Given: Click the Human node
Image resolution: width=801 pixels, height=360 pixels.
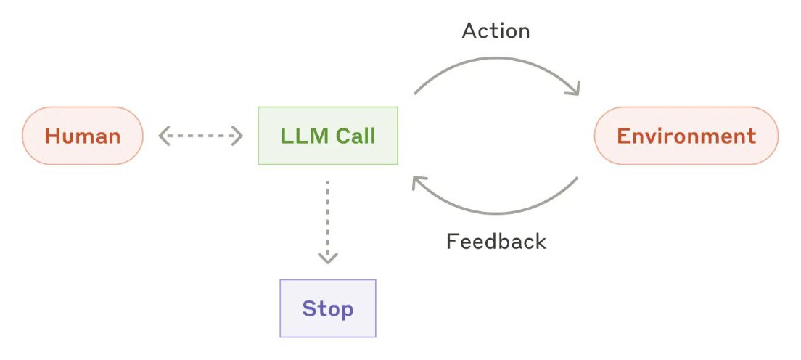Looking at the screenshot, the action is (83, 136).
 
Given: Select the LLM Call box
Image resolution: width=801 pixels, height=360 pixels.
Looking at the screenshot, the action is (328, 136).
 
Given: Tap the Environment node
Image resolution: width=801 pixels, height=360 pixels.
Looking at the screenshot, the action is (686, 136).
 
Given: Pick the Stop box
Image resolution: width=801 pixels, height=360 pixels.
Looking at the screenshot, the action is (328, 308).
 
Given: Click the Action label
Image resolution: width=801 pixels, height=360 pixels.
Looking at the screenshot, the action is (496, 30).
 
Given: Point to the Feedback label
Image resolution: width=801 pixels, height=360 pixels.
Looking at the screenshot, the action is (496, 241).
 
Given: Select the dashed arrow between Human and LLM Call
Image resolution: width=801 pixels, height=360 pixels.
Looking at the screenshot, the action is (200, 136).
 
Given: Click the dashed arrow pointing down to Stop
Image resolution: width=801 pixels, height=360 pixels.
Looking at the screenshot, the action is (327, 222).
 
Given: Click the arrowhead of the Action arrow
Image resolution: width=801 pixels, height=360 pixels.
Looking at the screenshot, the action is (574, 89).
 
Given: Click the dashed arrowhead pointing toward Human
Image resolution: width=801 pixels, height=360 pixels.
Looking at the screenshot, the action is (164, 136).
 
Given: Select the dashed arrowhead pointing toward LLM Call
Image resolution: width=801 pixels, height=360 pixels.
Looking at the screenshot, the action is (237, 136).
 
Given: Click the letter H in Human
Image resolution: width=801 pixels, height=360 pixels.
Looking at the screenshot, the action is (51, 136).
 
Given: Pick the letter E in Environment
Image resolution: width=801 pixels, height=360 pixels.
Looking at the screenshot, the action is (623, 136).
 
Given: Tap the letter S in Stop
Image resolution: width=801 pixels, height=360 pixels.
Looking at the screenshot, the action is (308, 309).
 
